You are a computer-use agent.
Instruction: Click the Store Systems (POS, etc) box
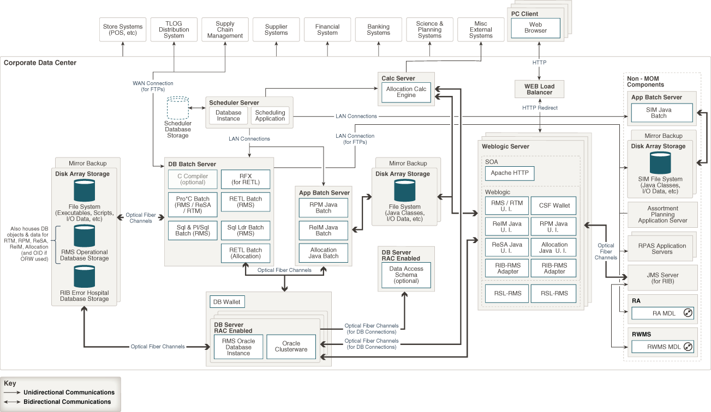click(x=123, y=30)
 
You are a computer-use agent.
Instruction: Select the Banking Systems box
click(x=378, y=30)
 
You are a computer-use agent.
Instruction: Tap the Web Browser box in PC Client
click(x=535, y=28)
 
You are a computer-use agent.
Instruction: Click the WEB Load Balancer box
click(x=539, y=89)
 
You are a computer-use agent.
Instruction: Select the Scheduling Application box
click(x=270, y=116)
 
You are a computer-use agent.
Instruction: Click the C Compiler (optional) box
click(x=192, y=179)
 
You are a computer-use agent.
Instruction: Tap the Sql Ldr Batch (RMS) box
click(x=245, y=231)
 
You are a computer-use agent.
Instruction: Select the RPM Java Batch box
click(x=324, y=208)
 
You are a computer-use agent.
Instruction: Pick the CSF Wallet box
click(x=554, y=205)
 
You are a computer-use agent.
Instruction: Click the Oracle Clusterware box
click(x=291, y=347)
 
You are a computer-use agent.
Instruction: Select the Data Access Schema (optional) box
click(x=406, y=275)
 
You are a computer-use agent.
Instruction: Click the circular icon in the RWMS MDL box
click(x=687, y=347)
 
